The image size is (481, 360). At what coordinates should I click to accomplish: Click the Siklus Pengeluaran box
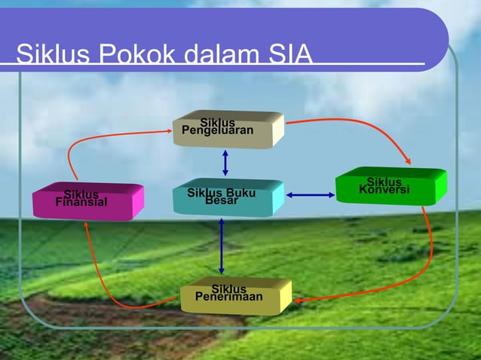coord(228,129)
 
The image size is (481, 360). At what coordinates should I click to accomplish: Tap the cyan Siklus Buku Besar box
coord(227,197)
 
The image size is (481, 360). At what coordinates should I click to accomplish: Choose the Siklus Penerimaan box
coord(235,295)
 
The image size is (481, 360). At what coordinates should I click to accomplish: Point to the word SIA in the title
coord(287,55)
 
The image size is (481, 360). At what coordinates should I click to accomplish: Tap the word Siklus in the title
coord(49,55)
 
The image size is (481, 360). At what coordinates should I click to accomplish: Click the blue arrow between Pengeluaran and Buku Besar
coord(225,163)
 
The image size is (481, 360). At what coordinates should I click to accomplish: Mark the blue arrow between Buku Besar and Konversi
coord(311,196)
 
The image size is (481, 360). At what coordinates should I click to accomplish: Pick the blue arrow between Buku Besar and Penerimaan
coord(222,246)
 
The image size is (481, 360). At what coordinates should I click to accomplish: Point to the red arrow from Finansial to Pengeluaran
coord(98,140)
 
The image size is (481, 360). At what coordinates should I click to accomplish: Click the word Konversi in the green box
coord(384,189)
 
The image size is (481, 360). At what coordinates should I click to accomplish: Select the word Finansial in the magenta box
coord(81,203)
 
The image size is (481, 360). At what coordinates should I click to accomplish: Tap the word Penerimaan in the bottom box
coord(229,297)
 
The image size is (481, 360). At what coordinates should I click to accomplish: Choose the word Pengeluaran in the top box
coord(217,131)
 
